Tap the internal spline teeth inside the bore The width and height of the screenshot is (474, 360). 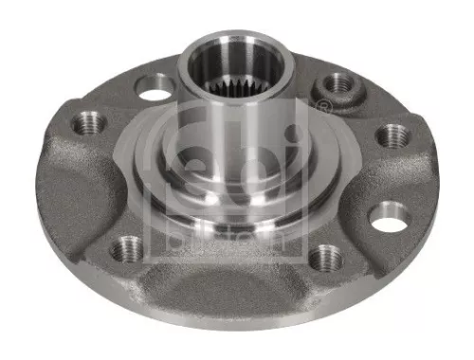pyautogui.click(x=246, y=86)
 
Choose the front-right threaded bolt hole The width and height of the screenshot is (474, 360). pyautogui.click(x=325, y=256)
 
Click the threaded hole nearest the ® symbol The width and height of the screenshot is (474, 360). pyautogui.click(x=335, y=83)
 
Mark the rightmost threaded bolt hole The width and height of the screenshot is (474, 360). pyautogui.click(x=392, y=135)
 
